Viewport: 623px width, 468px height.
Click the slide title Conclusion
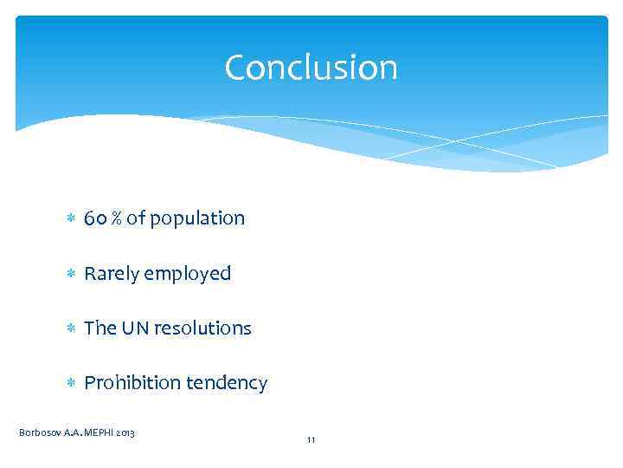[311, 68]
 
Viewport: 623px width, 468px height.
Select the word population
[197, 219]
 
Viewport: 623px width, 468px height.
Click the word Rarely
[111, 274]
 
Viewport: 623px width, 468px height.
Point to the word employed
[188, 274]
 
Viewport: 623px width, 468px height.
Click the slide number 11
[311, 440]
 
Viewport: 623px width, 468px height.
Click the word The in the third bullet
[100, 328]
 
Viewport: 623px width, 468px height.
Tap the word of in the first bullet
[136, 218]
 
